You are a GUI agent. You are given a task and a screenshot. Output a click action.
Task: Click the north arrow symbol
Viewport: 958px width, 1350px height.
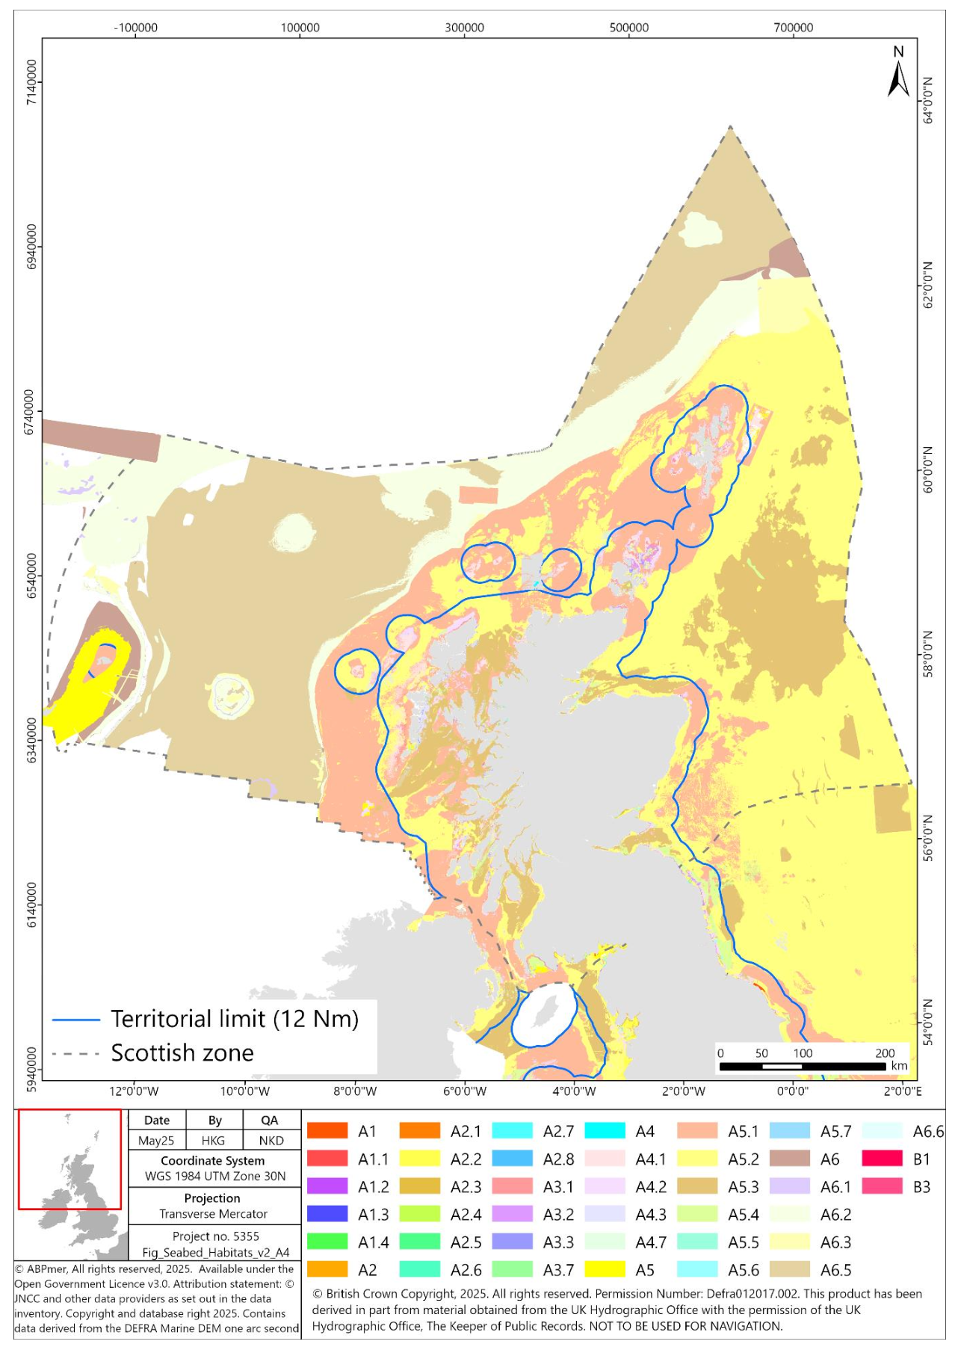coord(898,73)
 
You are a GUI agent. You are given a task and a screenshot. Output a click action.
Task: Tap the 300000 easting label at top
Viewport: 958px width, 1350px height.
coord(464,28)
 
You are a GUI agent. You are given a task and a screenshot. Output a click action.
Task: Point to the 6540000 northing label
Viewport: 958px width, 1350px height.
coord(31,576)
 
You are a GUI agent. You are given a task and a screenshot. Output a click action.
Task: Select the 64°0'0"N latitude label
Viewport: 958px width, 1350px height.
coord(928,100)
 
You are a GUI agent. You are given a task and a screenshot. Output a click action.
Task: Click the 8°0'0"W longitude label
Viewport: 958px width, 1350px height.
coord(355,1091)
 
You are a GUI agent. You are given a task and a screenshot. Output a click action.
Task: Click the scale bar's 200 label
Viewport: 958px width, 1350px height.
coord(885,1052)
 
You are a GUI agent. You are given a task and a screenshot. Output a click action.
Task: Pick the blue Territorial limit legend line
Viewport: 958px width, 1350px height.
coord(75,1020)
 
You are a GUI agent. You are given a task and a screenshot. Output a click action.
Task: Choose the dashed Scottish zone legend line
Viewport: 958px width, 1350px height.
coord(75,1054)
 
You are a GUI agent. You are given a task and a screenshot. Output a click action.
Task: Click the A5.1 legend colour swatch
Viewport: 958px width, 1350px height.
coord(697,1131)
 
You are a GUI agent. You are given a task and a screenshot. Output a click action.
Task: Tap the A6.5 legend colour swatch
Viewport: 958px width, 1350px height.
coord(789,1269)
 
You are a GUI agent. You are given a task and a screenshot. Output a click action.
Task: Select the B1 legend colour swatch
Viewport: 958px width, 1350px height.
coord(882,1159)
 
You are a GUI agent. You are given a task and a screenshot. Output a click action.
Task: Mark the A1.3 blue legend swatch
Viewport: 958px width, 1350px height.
coord(327,1214)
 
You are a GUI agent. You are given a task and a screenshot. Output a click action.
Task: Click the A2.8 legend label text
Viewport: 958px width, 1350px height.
coord(558,1159)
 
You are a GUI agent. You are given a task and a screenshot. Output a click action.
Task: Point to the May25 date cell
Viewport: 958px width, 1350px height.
coord(156,1141)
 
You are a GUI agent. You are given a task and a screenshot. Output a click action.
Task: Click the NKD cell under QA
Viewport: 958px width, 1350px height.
coord(271,1141)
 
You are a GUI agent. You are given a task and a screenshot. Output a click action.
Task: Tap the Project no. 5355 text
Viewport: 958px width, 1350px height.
coord(215,1236)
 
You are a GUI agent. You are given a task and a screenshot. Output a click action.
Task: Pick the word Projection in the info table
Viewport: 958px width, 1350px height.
coord(212,1198)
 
